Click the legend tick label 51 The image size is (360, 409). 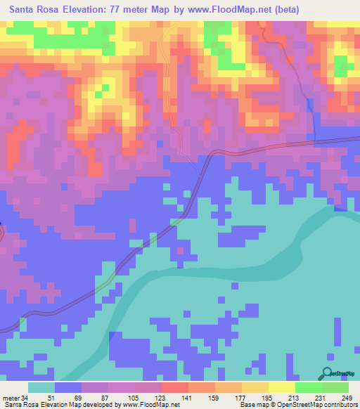click(x=49, y=397)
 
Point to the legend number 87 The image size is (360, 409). click(x=103, y=397)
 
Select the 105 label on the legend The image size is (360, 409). click(x=130, y=397)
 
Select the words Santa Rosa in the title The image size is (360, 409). click(x=34, y=9)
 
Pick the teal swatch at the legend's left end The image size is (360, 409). click(x=41, y=387)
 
